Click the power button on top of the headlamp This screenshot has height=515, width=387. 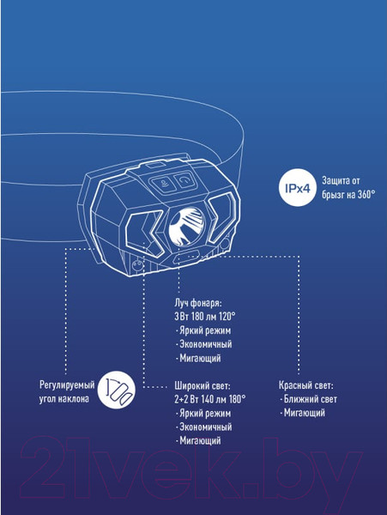184,180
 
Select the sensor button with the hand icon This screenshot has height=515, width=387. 161,184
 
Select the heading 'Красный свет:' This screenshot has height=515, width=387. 306,385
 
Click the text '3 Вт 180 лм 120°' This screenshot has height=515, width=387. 205,317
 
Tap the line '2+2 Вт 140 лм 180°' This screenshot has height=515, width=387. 210,399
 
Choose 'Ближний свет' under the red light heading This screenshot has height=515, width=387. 310,399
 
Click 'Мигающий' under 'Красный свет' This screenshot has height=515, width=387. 305,413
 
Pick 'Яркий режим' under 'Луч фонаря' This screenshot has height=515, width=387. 205,330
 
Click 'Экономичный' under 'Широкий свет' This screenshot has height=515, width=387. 205,427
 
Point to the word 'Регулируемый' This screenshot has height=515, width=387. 67,385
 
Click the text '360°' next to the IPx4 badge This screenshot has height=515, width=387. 366,195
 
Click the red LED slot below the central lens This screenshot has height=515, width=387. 186,257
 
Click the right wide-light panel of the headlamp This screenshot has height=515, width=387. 222,217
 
